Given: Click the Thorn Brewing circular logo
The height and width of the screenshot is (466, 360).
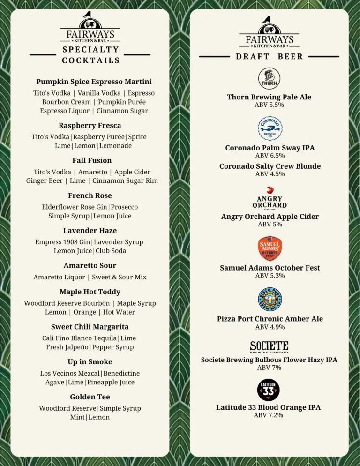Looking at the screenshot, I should (269, 78).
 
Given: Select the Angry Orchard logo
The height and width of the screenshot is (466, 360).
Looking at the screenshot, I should (270, 199).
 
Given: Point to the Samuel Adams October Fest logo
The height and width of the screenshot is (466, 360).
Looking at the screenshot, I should (270, 248).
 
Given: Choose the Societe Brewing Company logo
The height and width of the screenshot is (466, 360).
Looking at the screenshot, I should (269, 347).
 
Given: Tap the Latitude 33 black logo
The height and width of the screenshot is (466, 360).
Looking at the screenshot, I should (269, 390).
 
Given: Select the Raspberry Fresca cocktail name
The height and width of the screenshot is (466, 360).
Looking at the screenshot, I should (90, 125).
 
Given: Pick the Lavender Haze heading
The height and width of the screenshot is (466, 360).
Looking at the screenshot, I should (90, 230).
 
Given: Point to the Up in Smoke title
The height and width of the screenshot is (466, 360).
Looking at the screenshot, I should (90, 361).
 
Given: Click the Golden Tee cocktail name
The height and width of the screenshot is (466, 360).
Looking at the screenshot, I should (90, 397).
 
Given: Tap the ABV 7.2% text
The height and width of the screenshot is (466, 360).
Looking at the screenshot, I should (269, 415).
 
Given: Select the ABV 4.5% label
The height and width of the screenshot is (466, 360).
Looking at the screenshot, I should (270, 174).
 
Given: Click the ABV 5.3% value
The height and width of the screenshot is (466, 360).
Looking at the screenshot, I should (270, 275).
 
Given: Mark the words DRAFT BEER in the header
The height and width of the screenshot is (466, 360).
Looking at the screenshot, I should (270, 57).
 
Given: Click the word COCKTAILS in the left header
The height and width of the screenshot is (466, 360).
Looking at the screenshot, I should (90, 60).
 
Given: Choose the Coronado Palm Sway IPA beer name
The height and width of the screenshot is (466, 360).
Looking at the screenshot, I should (270, 148).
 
